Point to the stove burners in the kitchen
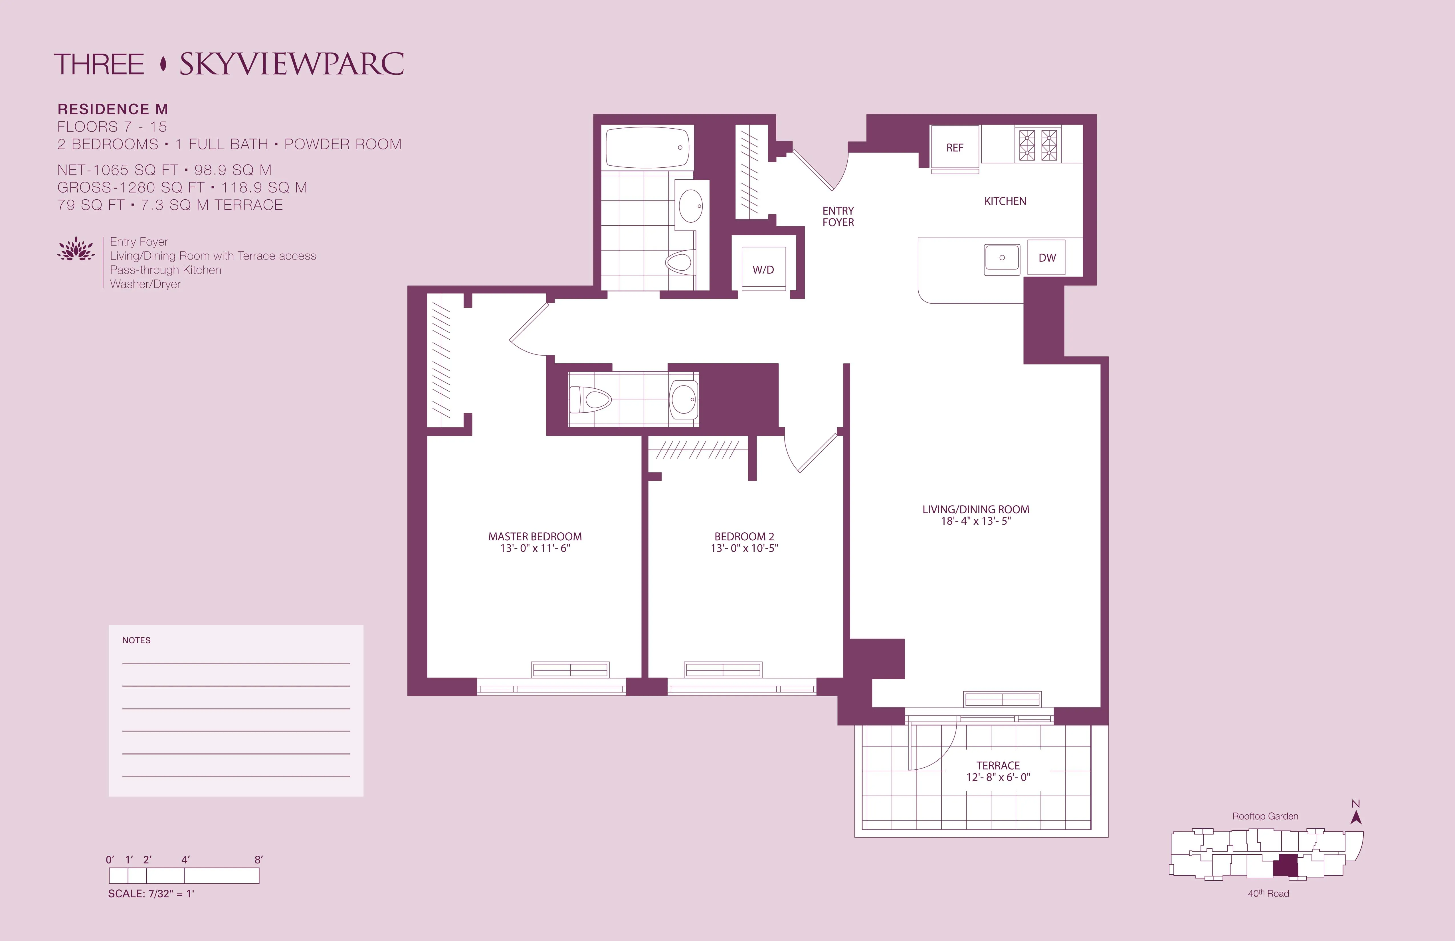[1037, 145]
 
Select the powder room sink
[684, 399]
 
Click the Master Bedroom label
[535, 536]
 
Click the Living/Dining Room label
[975, 509]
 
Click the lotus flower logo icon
[76, 249]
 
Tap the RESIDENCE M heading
[112, 109]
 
